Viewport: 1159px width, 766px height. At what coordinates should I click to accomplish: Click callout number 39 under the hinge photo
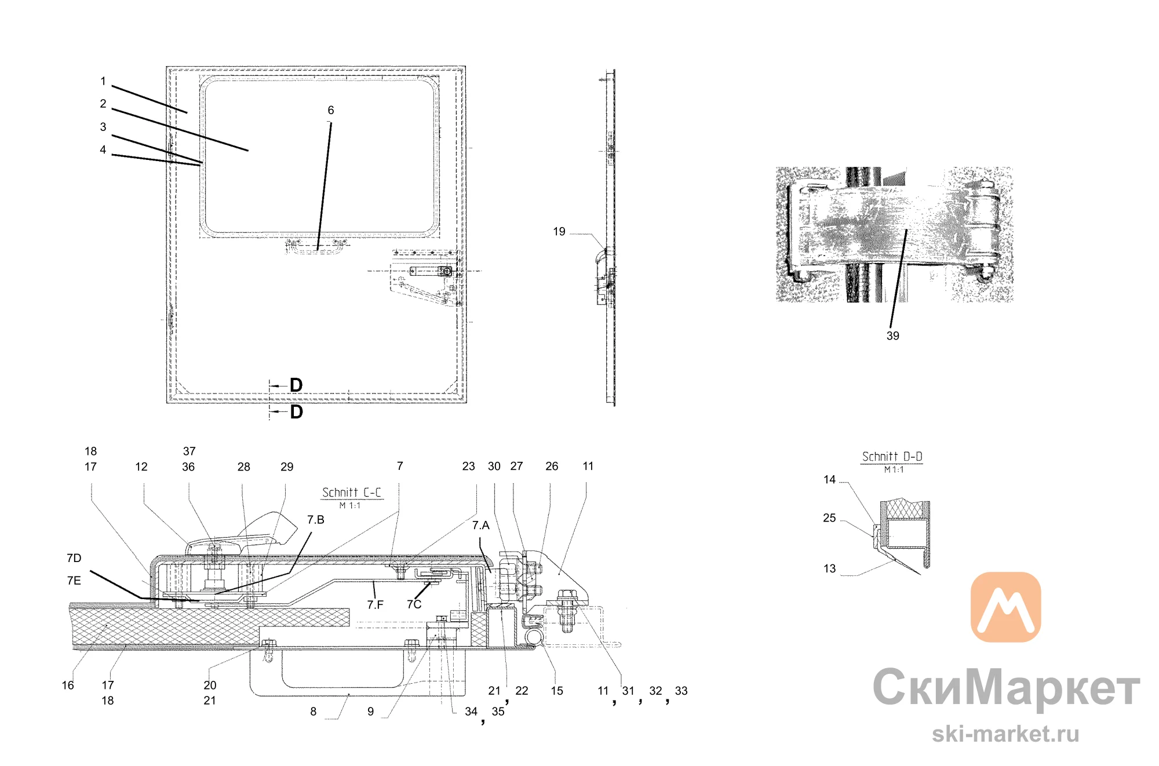892,336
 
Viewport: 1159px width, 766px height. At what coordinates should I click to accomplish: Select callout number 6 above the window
331,110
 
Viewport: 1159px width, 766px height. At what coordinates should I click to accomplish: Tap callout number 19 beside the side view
559,232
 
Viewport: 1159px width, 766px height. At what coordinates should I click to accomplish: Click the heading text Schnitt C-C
352,493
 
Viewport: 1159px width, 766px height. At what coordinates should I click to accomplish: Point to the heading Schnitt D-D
892,457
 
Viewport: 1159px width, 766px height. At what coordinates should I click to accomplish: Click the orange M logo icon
1005,607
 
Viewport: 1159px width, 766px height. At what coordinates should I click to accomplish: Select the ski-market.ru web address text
1005,734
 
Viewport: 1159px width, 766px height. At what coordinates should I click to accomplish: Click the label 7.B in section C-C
316,520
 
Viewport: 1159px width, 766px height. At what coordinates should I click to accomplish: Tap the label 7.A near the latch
480,525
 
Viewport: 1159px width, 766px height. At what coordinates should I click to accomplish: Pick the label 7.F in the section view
375,605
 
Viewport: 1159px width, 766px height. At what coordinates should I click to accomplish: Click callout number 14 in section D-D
829,480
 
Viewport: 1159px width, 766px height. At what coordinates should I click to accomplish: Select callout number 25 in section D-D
829,518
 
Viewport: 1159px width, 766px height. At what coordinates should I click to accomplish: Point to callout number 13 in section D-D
829,569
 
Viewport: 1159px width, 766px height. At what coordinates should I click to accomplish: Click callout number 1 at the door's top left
103,81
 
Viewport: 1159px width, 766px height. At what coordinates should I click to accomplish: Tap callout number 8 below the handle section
314,712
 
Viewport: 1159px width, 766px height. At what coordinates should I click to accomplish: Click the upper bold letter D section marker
296,385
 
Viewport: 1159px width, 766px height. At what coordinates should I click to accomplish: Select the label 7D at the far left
74,558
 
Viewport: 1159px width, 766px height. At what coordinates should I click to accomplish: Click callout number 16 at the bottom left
68,685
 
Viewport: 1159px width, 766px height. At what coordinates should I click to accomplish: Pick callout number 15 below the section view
557,691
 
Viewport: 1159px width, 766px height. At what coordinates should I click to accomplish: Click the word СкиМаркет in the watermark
1007,688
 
